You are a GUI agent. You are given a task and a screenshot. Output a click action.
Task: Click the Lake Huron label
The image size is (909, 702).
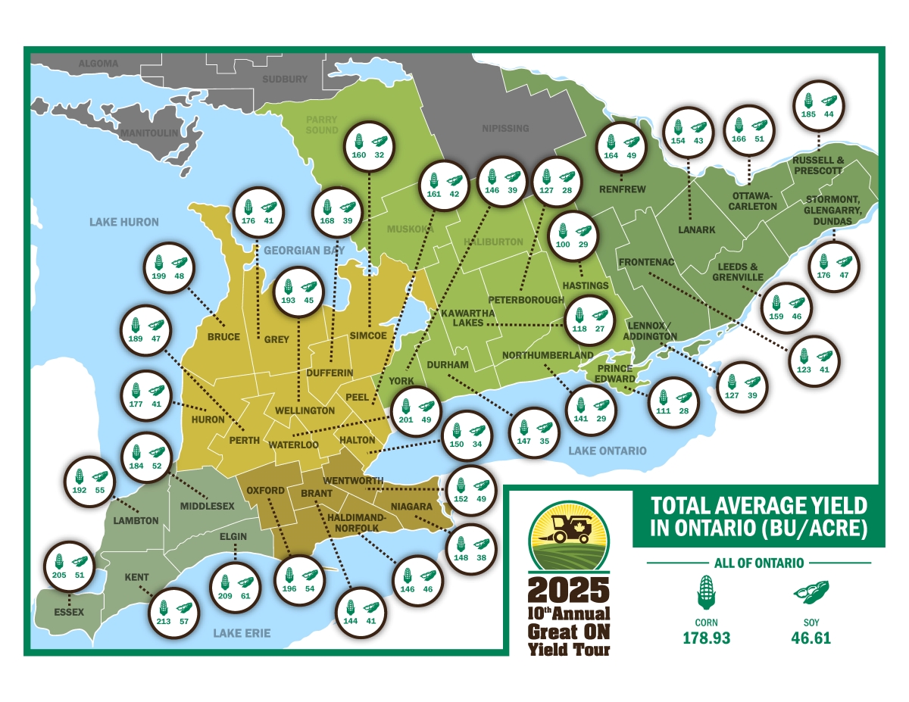coord(124,222)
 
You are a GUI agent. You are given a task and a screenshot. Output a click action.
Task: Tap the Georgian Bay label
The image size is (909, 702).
coord(304,250)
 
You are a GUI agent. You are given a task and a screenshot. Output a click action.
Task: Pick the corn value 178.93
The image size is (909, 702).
coord(705,638)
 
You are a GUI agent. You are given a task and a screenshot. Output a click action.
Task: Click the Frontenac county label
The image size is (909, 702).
coord(646,263)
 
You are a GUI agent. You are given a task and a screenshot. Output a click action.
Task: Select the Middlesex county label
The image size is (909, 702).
coord(207,505)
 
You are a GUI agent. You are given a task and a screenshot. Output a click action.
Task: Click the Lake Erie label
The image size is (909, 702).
coord(241,633)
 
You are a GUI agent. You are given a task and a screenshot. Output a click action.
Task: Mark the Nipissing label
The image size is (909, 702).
coord(505,128)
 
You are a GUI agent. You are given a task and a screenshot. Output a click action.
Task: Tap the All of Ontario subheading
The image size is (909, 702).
coord(758,563)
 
